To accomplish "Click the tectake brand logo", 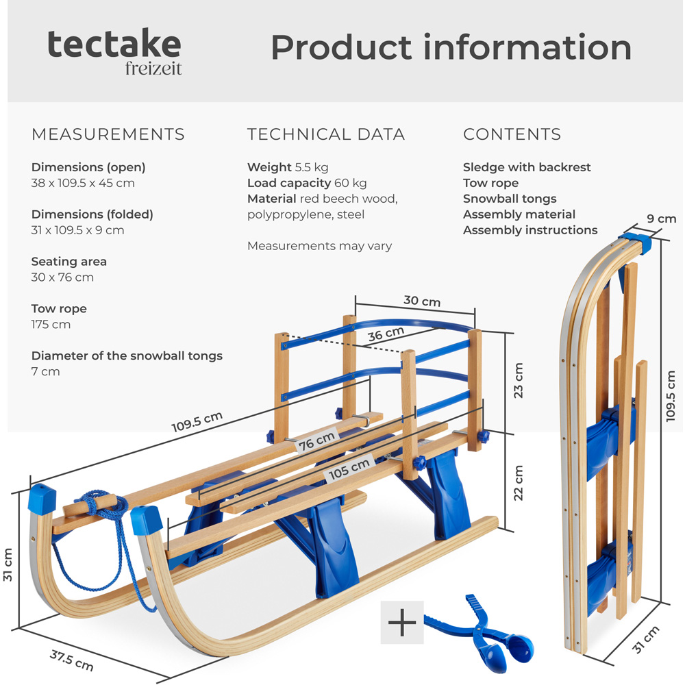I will (x=114, y=51).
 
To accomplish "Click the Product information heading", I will (x=451, y=47).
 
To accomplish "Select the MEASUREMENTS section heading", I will (x=108, y=134).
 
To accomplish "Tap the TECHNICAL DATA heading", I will (x=326, y=134).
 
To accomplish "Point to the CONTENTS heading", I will (x=512, y=134).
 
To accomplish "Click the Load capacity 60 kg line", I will (x=307, y=183).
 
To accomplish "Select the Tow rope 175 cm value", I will (x=51, y=324).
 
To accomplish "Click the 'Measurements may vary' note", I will (x=319, y=246).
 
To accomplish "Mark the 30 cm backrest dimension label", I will (x=421, y=301).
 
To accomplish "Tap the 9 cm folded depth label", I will (x=662, y=219).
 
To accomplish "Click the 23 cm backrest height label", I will (x=519, y=380).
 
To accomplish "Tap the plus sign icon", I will (x=402, y=623).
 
